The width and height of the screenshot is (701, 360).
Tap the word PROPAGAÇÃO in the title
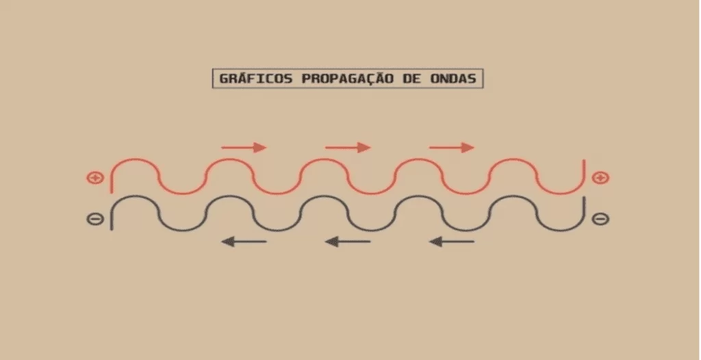click(348, 79)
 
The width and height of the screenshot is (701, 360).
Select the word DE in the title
click(412, 79)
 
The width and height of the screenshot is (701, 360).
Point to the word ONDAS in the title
click(453, 79)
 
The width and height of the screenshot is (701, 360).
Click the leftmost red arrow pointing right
click(244, 147)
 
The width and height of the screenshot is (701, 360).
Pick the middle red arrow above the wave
click(348, 147)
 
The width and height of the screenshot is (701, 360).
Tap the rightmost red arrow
click(452, 147)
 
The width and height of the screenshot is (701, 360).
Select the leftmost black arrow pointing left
click(244, 242)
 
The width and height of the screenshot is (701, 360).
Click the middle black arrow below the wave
click(348, 242)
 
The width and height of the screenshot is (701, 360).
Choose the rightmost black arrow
click(452, 242)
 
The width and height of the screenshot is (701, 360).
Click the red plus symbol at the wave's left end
click(94, 178)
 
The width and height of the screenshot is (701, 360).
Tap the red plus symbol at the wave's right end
click(600, 178)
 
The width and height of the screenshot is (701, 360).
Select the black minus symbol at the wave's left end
click(94, 219)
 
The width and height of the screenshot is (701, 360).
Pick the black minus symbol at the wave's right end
click(600, 219)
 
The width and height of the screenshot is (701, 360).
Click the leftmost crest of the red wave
click(135, 159)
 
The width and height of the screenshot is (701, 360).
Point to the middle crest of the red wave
click(324, 159)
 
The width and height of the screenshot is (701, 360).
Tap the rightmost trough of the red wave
click(560, 193)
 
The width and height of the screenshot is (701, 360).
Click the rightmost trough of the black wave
click(560, 231)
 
